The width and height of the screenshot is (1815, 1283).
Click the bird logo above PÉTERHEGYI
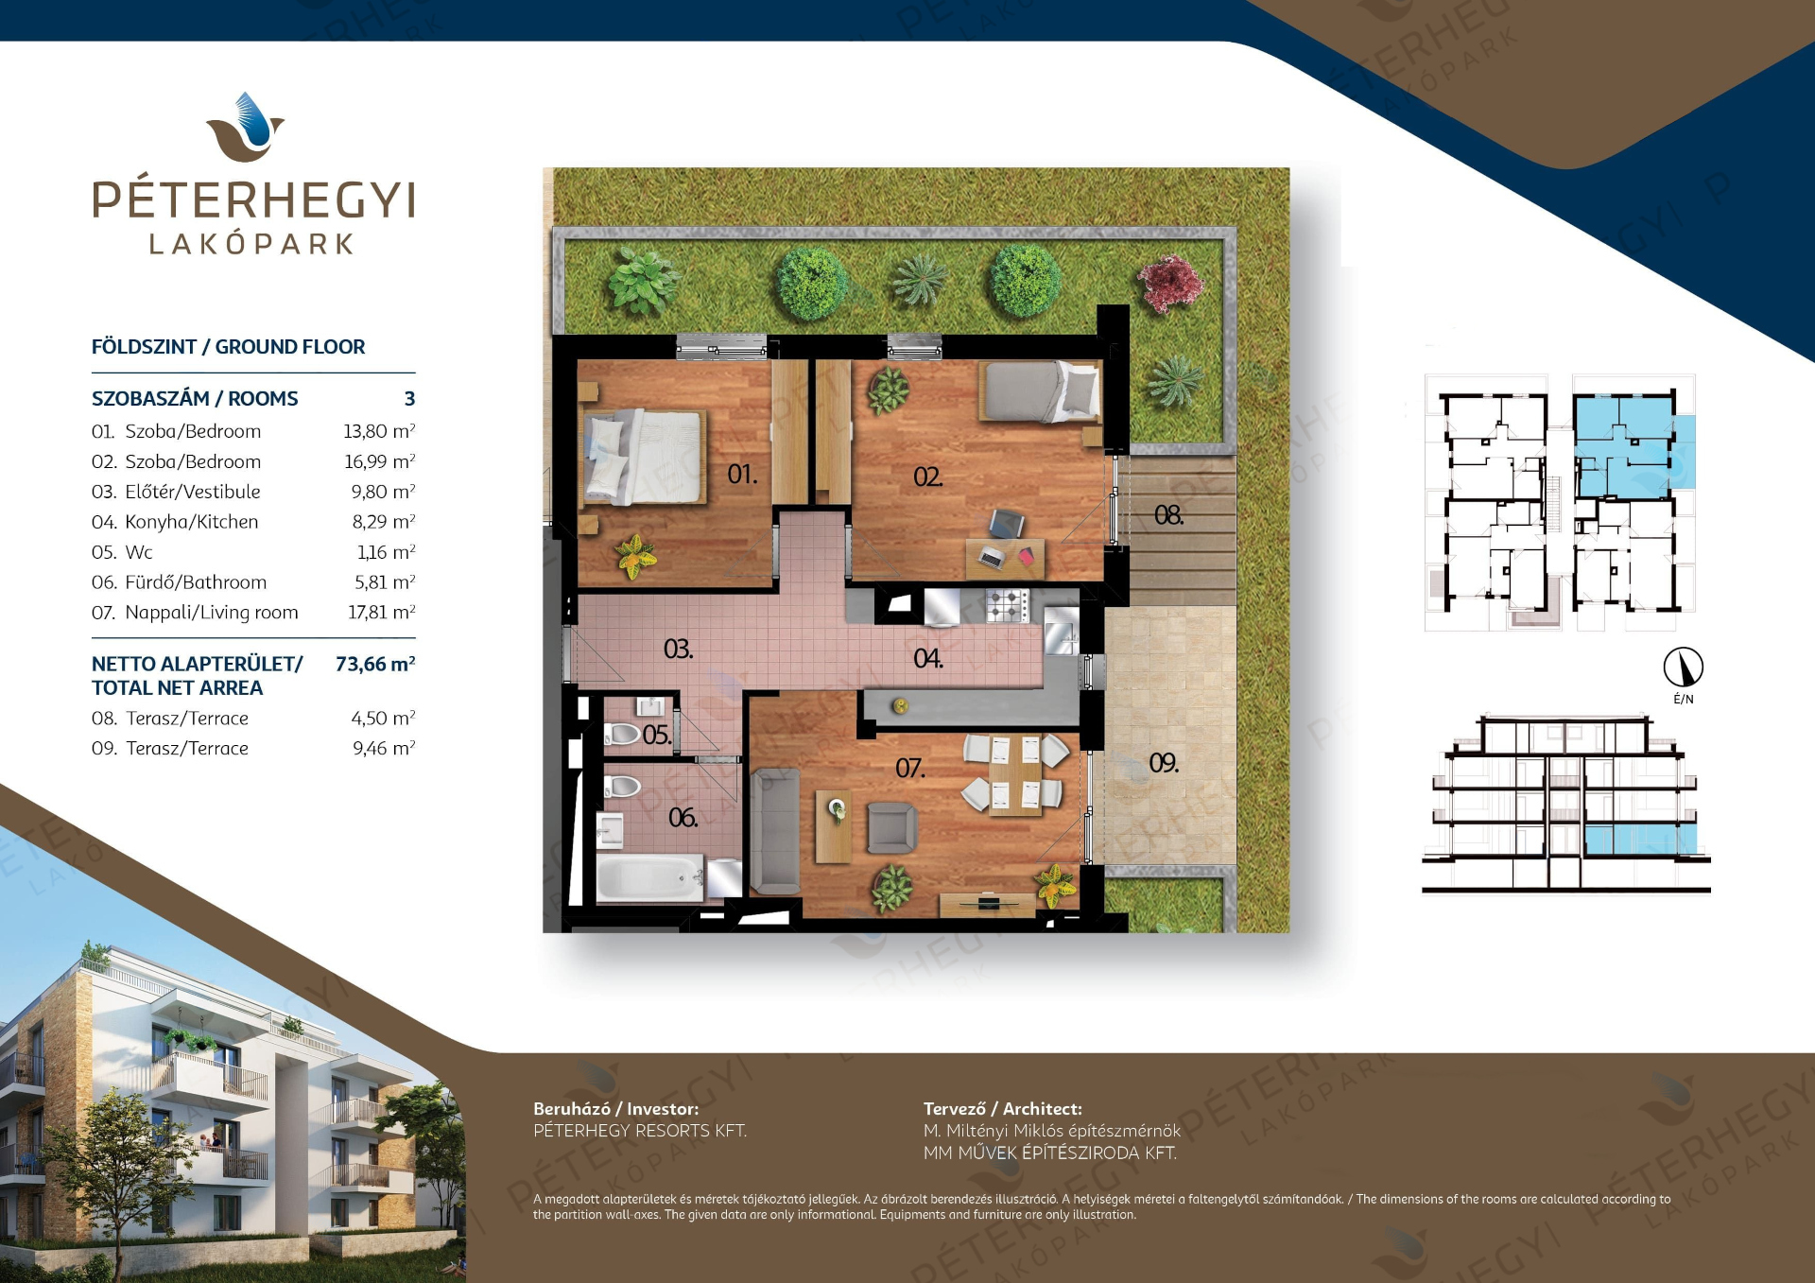point(246,128)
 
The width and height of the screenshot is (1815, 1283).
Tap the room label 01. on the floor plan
point(742,474)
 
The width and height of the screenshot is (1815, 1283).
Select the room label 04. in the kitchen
point(927,658)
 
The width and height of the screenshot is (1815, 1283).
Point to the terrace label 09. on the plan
point(1164,763)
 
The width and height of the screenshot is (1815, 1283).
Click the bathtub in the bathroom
point(650,877)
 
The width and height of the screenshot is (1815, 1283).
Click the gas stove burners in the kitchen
point(1007,605)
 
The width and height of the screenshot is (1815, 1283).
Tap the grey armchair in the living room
point(891,827)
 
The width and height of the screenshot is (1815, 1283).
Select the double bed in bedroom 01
point(643,457)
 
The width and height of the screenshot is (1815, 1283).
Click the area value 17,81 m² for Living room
point(382,612)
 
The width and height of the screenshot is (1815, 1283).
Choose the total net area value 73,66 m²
point(375,664)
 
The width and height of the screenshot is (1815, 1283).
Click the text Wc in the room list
point(139,552)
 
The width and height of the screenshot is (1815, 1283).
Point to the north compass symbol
point(1684,668)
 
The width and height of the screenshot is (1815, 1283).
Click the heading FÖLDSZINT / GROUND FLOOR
point(228,347)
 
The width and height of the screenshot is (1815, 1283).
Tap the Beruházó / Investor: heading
point(616,1109)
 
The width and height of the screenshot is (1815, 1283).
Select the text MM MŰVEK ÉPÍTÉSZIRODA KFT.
point(1050,1153)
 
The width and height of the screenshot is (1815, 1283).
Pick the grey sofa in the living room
point(775,831)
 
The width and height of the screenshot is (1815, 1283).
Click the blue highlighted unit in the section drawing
point(1640,840)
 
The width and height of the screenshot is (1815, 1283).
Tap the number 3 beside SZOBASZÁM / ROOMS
point(409,399)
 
